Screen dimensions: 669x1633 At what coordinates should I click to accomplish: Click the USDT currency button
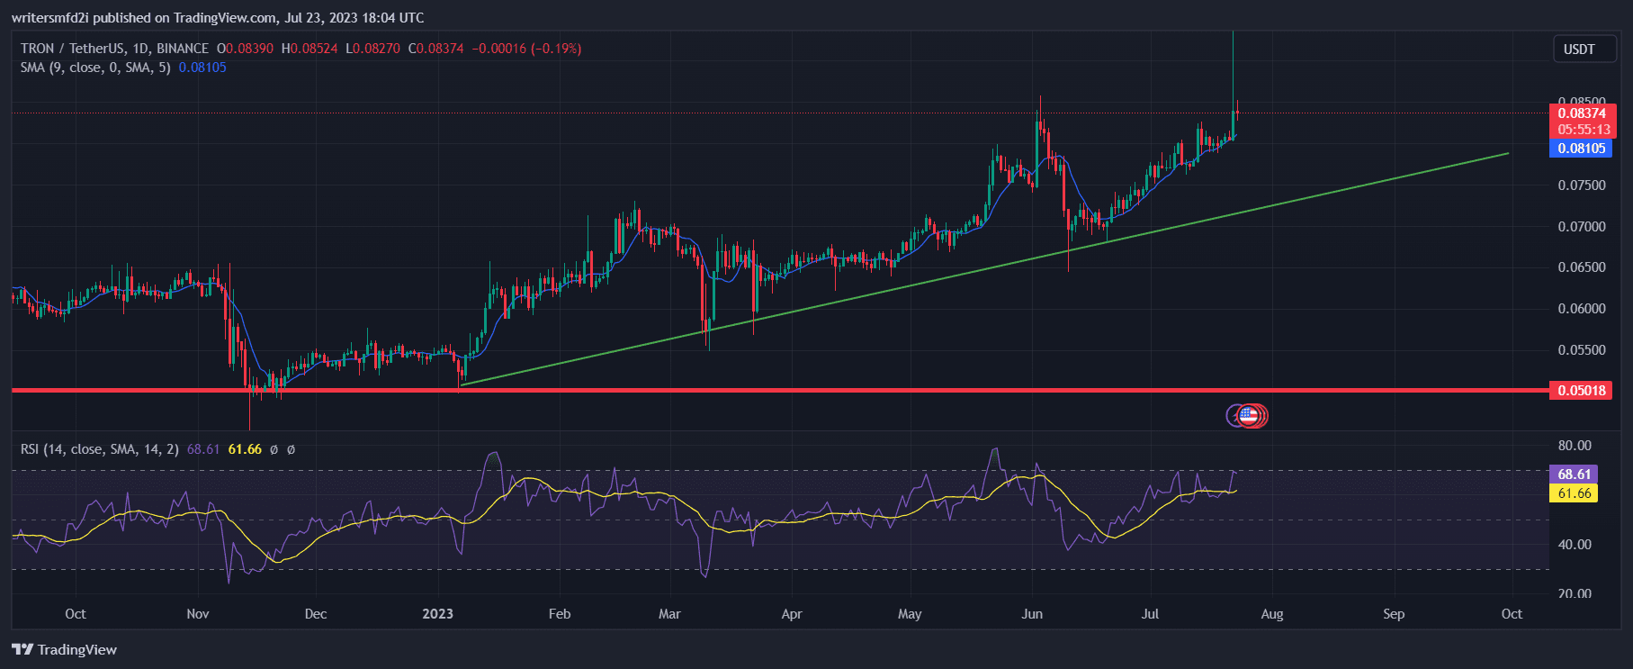tap(1578, 50)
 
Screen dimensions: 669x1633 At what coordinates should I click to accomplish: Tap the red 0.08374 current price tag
tap(1582, 113)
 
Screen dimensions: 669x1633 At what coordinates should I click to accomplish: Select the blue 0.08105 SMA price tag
tap(1582, 149)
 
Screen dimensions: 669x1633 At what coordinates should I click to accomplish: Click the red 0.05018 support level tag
tap(1582, 391)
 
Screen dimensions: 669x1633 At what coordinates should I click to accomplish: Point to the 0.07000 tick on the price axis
tap(1581, 227)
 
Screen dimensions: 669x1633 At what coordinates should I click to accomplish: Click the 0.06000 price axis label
tap(1581, 309)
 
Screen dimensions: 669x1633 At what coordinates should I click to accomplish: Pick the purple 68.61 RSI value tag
tap(1574, 475)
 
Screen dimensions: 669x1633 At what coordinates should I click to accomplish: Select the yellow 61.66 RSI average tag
tap(1574, 493)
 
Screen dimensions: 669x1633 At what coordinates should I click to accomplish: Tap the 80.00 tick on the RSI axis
tap(1575, 446)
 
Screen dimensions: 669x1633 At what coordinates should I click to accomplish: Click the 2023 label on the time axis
tap(438, 614)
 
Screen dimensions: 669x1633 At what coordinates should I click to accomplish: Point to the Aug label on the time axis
tap(1271, 614)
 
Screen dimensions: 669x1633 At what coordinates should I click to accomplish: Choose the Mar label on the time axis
tap(669, 614)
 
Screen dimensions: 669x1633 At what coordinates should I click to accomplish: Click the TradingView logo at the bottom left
tap(65, 650)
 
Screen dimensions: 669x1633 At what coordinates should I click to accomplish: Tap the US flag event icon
tap(1247, 415)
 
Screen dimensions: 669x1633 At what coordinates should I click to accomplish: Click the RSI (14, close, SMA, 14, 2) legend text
tap(100, 449)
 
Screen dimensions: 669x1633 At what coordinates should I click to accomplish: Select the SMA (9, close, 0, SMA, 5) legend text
tap(95, 68)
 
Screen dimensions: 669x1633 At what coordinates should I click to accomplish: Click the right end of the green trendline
tap(1508, 153)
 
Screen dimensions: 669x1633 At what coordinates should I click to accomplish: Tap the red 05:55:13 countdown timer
tap(1584, 130)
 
